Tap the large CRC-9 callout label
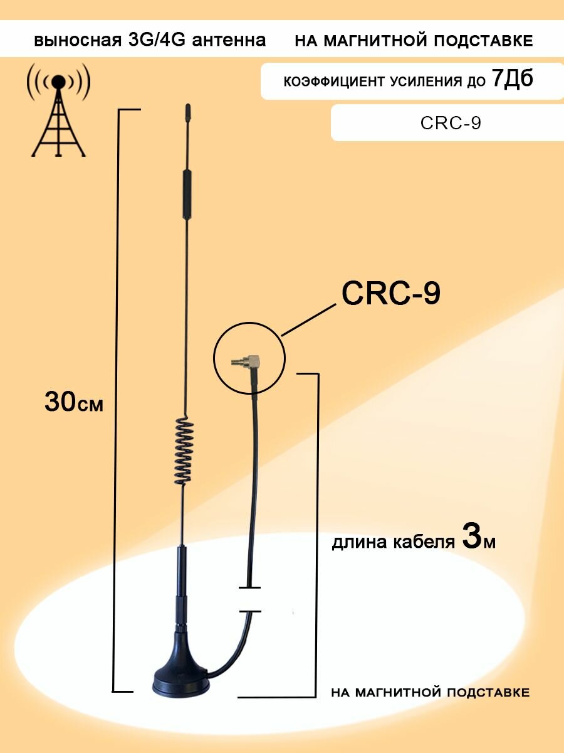click(390, 294)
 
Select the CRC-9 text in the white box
click(451, 123)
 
